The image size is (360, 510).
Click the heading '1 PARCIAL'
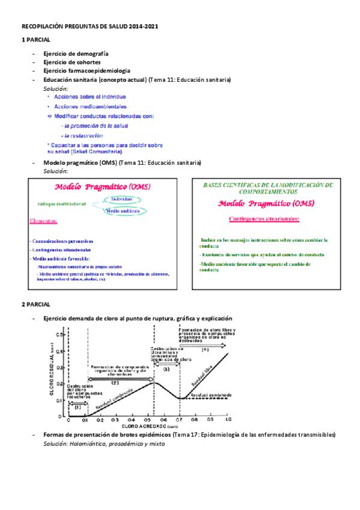36,40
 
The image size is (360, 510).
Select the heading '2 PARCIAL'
36,304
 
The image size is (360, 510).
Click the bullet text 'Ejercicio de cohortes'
72,62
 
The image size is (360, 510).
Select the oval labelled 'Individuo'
122,199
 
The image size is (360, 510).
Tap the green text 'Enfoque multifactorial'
61,204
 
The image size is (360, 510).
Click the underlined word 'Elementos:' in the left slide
43,221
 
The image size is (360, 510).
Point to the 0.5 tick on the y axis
59,334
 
